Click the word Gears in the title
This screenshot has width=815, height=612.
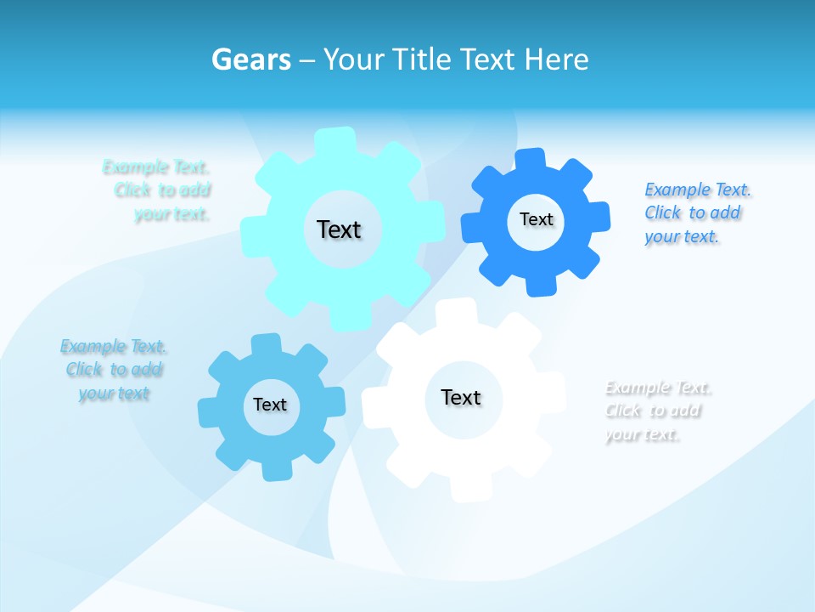pyautogui.click(x=250, y=59)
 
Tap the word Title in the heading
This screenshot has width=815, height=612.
pyautogui.click(x=419, y=59)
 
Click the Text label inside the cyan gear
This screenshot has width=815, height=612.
pyautogui.click(x=339, y=229)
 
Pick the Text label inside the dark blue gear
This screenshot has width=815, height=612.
pyautogui.click(x=536, y=219)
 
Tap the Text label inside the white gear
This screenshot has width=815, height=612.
pyautogui.click(x=461, y=397)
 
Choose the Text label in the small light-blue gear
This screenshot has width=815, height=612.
pyautogui.click(x=270, y=405)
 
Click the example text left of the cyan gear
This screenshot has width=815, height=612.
pyautogui.click(x=161, y=190)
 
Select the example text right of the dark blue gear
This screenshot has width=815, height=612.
pyautogui.click(x=696, y=212)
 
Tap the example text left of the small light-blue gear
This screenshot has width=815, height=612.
pyautogui.click(x=114, y=370)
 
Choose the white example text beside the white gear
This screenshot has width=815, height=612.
pyautogui.click(x=656, y=411)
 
